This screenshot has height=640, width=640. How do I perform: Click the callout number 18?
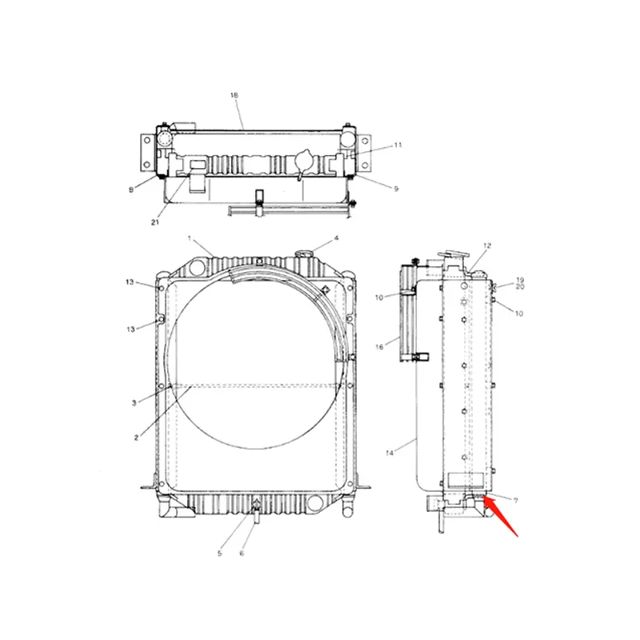(234, 95)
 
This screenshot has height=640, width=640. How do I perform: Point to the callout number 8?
(130, 190)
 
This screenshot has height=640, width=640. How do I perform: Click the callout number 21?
(155, 222)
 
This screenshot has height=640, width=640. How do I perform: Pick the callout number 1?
(190, 238)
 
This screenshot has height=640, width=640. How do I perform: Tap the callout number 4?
(336, 238)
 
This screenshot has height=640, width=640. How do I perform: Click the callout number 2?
(136, 438)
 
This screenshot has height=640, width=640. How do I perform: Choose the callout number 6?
(242, 553)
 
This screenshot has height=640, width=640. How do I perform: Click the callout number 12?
(486, 245)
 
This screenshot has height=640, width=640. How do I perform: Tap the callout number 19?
(519, 279)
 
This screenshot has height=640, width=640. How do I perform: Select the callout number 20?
(519, 286)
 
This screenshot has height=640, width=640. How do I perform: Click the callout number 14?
(390, 454)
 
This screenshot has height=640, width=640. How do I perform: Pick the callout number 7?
(515, 500)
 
